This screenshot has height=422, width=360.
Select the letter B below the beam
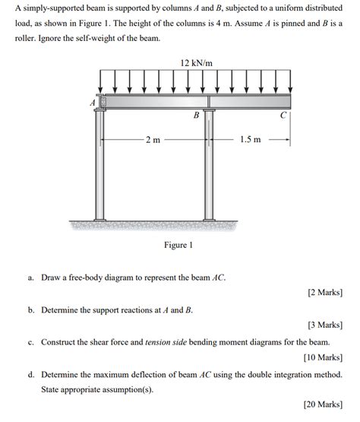click(196, 116)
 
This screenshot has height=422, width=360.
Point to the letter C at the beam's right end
click(283, 116)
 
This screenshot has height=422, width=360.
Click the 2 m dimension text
click(153, 140)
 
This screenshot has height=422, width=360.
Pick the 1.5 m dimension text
click(250, 140)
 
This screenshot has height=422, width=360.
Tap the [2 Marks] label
click(324, 292)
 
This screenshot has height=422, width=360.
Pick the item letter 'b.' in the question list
click(31, 310)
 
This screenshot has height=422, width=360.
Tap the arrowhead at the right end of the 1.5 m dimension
click(287, 140)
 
